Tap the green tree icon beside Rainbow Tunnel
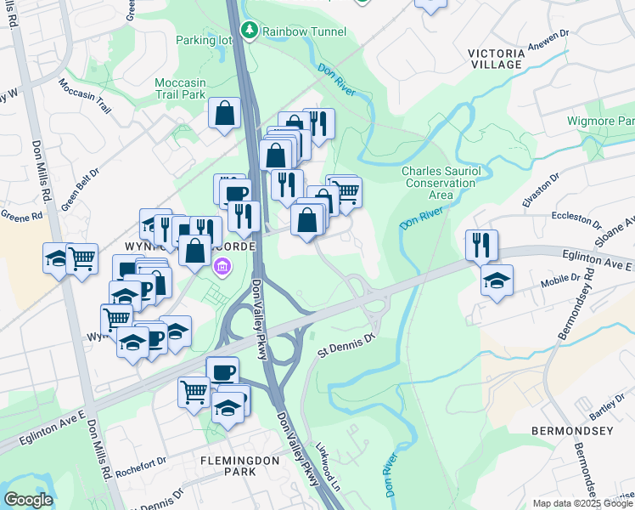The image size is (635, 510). click(x=250, y=31)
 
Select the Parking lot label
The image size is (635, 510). click(x=203, y=39)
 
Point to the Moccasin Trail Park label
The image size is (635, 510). click(x=181, y=88)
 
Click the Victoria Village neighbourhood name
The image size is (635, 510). click(x=507, y=58)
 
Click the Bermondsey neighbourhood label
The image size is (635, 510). click(x=571, y=431)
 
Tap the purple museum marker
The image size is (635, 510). click(x=222, y=269)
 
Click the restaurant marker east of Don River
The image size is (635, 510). click(x=481, y=243)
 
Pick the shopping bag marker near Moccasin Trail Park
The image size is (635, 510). click(x=224, y=112)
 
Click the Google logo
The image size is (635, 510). click(x=29, y=500)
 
